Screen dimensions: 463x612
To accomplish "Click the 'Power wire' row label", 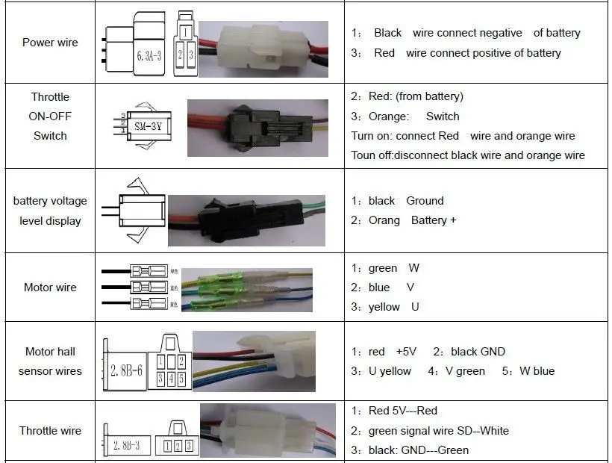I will click(49, 43).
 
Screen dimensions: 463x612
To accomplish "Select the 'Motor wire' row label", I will click(50, 288).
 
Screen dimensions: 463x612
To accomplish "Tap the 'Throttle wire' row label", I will click(50, 431).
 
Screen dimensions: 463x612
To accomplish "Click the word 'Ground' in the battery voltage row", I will click(425, 201).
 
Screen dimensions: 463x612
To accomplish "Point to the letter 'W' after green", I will click(413, 268).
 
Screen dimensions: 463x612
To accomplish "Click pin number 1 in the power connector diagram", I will click(184, 33).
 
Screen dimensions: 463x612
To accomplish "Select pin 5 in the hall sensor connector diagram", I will click(181, 378).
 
